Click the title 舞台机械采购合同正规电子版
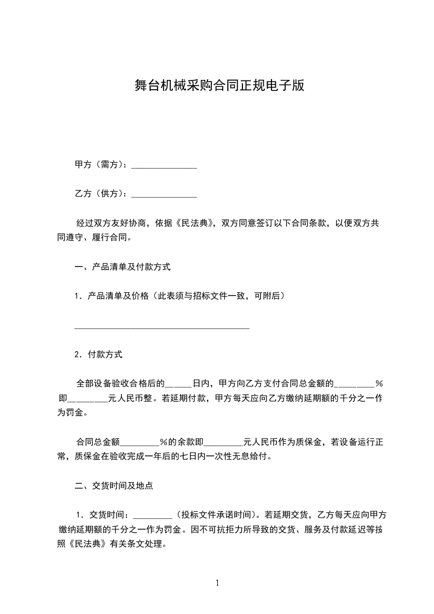coord(219,85)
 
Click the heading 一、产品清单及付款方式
coord(123,268)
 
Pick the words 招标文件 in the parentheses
coord(223,296)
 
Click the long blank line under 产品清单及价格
coord(161,327)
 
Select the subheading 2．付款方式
coord(99,354)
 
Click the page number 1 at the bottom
coord(217,583)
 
